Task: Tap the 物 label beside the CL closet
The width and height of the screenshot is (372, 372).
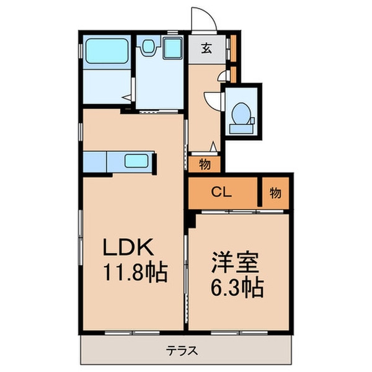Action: click(275, 193)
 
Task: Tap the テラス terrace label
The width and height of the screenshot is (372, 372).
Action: click(184, 350)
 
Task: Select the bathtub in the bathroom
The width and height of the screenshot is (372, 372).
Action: click(106, 50)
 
